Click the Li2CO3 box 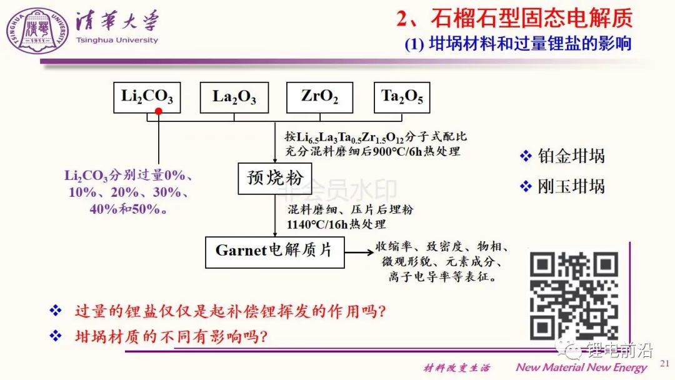click(147, 97)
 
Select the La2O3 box click(234, 97)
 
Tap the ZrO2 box click(319, 97)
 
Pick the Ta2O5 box click(402, 97)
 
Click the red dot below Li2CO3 click(159, 111)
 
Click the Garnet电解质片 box click(274, 251)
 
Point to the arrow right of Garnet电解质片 click(357, 252)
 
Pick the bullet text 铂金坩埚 click(571, 156)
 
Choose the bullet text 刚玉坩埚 click(571, 186)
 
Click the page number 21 click(664, 362)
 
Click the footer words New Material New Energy click(581, 367)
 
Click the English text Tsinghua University click(117, 40)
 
